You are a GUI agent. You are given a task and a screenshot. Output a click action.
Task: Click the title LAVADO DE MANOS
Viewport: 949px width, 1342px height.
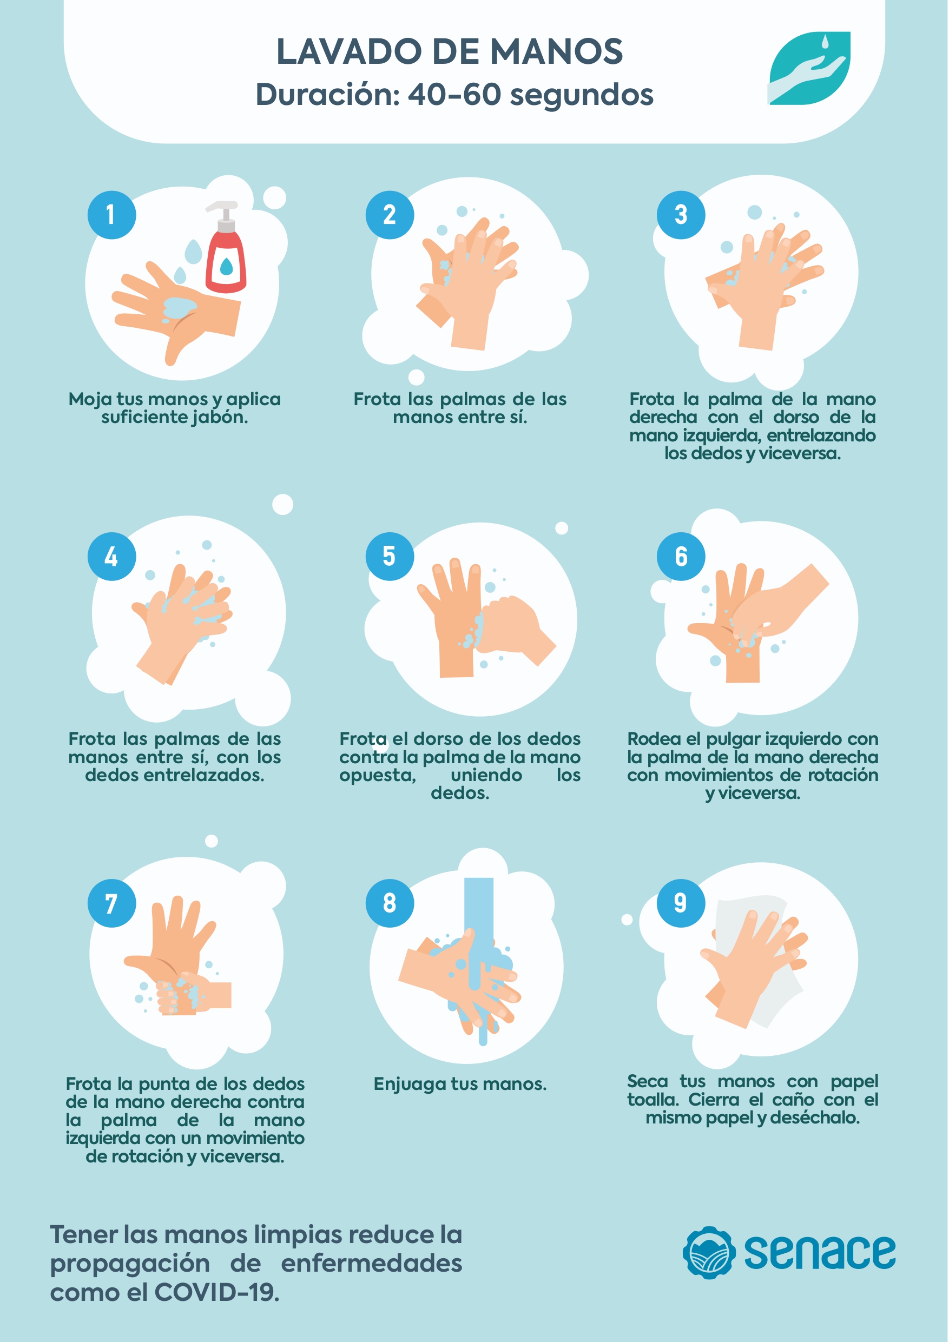pyautogui.click(x=449, y=51)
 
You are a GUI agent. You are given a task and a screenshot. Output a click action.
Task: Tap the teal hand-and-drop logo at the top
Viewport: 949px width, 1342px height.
pyautogui.click(x=809, y=68)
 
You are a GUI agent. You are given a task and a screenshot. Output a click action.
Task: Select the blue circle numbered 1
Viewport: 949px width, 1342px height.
pyautogui.click(x=111, y=215)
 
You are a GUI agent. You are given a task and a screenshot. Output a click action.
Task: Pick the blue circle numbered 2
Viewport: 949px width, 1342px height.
pyautogui.click(x=390, y=215)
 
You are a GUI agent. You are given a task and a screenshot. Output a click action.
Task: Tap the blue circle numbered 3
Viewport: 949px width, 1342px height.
pyautogui.click(x=681, y=215)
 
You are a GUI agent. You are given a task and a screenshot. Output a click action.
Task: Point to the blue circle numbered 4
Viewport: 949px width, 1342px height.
pyautogui.click(x=111, y=556)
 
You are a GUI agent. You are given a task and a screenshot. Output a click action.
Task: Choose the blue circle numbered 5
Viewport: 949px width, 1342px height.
pyautogui.click(x=390, y=556)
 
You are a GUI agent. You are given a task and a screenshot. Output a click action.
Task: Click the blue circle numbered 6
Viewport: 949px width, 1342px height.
pyautogui.click(x=681, y=556)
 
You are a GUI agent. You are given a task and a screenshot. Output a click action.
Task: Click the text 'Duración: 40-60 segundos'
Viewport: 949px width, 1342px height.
pyautogui.click(x=454, y=95)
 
